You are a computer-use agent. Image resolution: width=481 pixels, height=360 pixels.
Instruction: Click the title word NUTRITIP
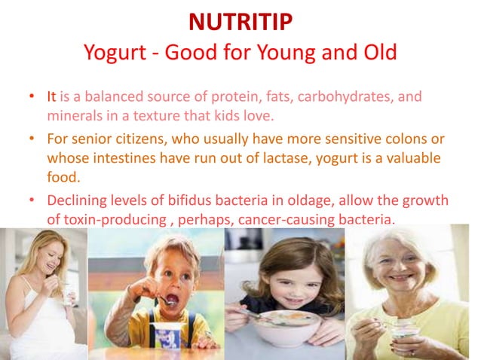[240, 23]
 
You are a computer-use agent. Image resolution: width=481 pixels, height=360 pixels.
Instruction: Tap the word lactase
[280, 159]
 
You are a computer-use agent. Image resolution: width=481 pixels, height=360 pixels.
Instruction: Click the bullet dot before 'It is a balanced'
[31, 98]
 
